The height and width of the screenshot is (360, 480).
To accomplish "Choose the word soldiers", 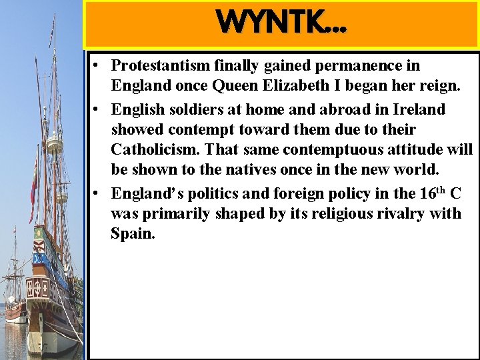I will (187, 108).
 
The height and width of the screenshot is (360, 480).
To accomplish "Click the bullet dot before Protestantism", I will (97, 65).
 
